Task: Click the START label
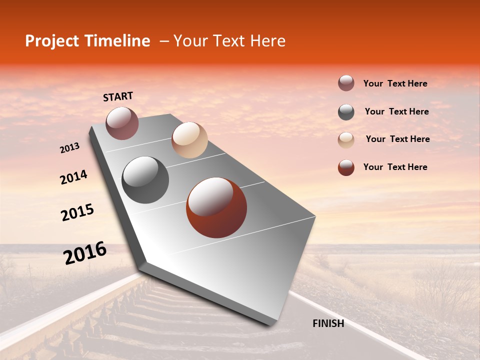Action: [x=118, y=96]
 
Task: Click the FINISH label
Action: [x=328, y=323]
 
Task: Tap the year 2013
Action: [x=70, y=148]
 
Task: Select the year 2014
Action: [x=73, y=177]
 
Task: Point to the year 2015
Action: [x=77, y=212]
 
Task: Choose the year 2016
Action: [x=85, y=253]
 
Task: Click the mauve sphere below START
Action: [x=122, y=123]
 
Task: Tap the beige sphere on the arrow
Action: [x=189, y=140]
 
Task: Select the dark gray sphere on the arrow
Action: [x=145, y=180]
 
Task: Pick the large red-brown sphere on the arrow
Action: [x=216, y=207]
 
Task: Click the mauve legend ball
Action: [x=346, y=83]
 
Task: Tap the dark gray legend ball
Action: [x=346, y=112]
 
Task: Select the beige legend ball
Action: [x=346, y=140]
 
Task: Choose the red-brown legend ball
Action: [x=346, y=167]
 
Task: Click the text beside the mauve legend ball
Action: [x=395, y=84]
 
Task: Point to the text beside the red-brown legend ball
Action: [x=395, y=167]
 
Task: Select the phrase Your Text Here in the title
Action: [x=229, y=41]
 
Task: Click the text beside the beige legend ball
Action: [x=397, y=139]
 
